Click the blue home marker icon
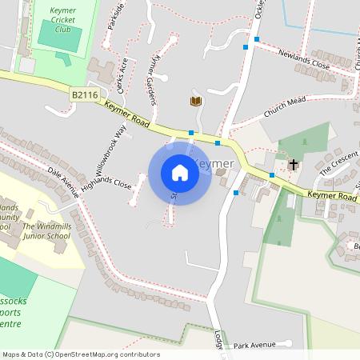click(179, 172)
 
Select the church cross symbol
click(294, 164)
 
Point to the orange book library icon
click(194, 101)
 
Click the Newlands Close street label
click(304, 58)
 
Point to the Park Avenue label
click(254, 346)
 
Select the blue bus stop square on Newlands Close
click(257, 38)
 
